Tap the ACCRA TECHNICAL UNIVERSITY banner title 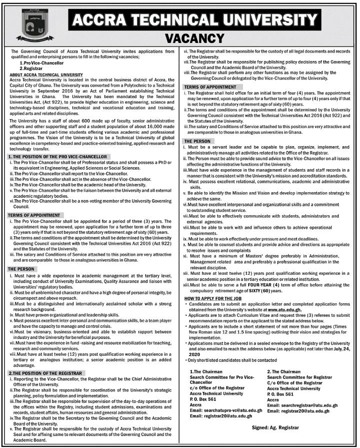tap(194, 20)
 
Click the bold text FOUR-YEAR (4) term tap(253, 285)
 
